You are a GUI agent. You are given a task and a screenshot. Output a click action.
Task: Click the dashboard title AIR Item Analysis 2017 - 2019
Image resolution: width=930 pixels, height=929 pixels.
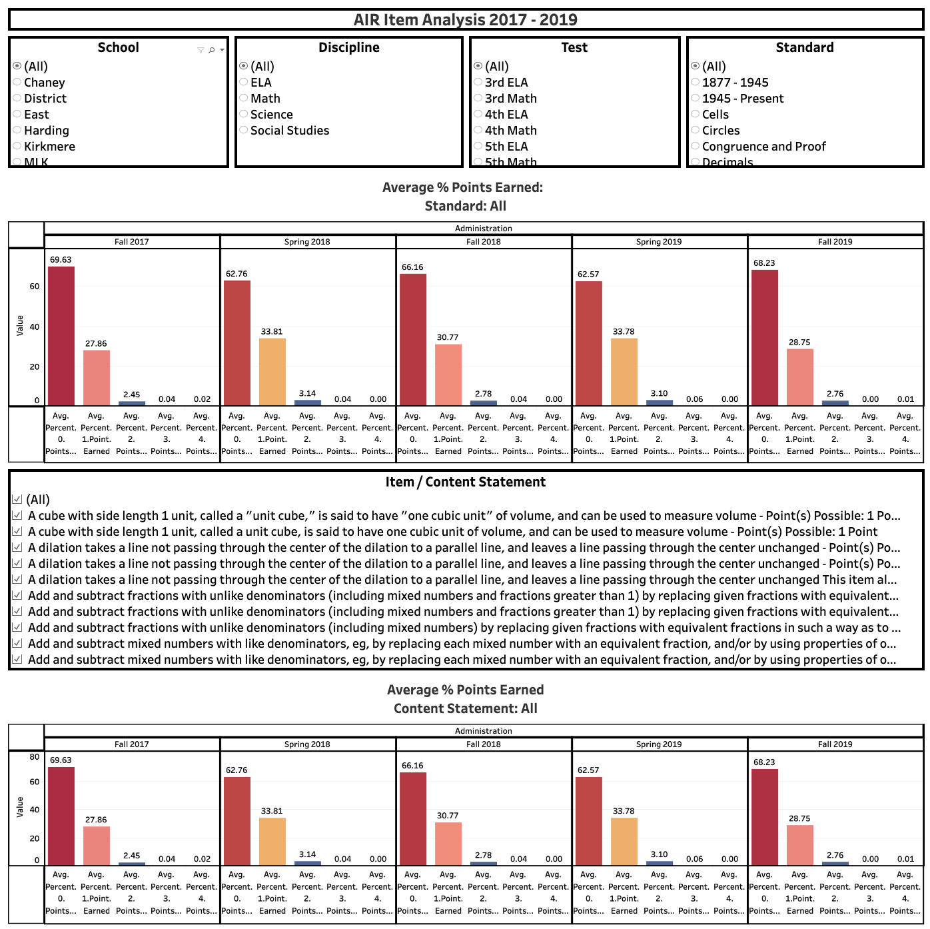465,19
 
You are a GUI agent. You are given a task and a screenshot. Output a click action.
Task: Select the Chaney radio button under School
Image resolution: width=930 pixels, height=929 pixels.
17,83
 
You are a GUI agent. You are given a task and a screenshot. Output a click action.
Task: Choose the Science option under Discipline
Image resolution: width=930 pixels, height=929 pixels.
244,115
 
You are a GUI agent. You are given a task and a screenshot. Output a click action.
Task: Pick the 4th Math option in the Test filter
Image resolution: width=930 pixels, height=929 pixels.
478,131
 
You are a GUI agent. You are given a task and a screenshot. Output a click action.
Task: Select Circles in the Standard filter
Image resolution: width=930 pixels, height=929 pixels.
696,131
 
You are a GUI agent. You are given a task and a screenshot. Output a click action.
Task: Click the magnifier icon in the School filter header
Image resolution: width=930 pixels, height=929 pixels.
212,50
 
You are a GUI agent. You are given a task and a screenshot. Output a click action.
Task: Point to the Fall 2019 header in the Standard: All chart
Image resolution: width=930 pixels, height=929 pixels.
835,242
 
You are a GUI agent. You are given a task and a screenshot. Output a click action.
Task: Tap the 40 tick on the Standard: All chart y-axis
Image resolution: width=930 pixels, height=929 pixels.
34,327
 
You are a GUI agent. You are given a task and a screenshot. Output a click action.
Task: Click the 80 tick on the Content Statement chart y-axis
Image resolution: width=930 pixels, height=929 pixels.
34,757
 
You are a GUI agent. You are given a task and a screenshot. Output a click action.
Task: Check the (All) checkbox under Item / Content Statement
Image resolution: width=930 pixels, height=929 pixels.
17,500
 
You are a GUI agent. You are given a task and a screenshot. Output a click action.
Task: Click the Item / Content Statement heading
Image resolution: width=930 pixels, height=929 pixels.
465,482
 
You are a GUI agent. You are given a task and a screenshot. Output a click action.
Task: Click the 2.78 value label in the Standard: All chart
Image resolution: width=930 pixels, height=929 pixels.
483,394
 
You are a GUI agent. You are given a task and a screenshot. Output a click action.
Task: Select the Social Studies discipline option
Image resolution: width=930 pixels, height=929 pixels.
244,131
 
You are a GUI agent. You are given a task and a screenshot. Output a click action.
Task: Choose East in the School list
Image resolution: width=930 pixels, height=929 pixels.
17,115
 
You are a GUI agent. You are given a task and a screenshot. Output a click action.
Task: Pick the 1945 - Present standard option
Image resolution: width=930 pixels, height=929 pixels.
696,99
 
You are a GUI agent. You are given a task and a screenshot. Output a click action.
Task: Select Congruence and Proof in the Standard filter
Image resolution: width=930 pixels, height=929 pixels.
696,147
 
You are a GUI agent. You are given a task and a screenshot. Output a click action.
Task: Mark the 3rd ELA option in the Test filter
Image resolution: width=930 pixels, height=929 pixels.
478,83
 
